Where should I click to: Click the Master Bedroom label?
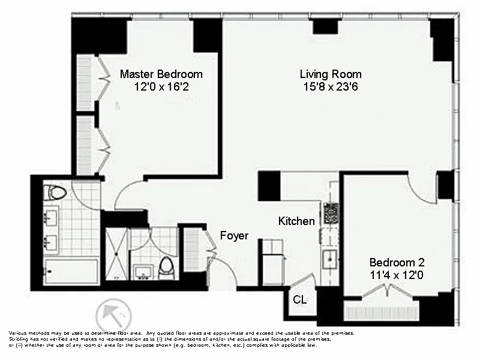[x=161, y=74]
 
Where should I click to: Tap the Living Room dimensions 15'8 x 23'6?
[x=331, y=86]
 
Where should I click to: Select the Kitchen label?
[x=296, y=221]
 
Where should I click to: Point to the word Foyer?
[x=233, y=236]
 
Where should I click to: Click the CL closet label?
[x=299, y=299]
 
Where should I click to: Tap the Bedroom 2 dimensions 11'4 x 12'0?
[x=397, y=274]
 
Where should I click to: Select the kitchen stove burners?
[x=331, y=213]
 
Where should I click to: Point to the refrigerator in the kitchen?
[x=273, y=262]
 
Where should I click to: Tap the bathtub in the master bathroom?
[x=71, y=271]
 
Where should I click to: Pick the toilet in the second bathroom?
[x=167, y=267]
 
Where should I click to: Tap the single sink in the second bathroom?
[x=143, y=271]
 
